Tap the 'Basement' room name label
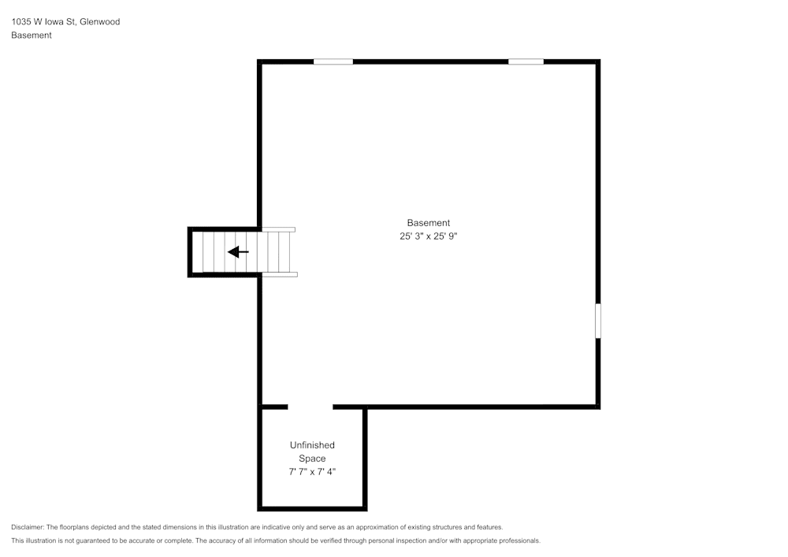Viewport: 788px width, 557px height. coord(428,223)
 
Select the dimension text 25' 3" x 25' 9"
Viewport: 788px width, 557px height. coord(428,236)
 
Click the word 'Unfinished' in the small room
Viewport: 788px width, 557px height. coord(312,445)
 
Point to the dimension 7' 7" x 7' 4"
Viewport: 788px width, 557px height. coord(312,472)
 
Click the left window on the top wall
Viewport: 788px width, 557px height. coord(333,61)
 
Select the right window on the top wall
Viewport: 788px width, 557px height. coord(526,61)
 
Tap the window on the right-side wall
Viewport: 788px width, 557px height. coord(598,321)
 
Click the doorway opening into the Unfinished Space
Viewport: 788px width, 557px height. coord(310,407)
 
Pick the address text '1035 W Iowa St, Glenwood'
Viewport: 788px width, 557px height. coord(65,22)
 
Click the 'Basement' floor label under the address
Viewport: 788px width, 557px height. coord(32,35)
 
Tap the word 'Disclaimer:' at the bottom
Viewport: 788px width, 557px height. coord(28,527)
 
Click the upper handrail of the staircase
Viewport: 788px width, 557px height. coord(278,229)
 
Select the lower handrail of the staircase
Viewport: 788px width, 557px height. coord(280,274)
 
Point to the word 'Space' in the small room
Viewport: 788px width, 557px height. coord(312,459)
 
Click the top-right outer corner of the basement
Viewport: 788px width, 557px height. coord(598,61)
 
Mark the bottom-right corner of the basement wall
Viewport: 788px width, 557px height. coord(598,407)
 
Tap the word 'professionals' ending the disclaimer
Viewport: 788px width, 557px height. coord(515,541)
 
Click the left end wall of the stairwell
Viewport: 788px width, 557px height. coord(190,252)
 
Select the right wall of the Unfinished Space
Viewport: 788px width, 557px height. coord(365,457)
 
